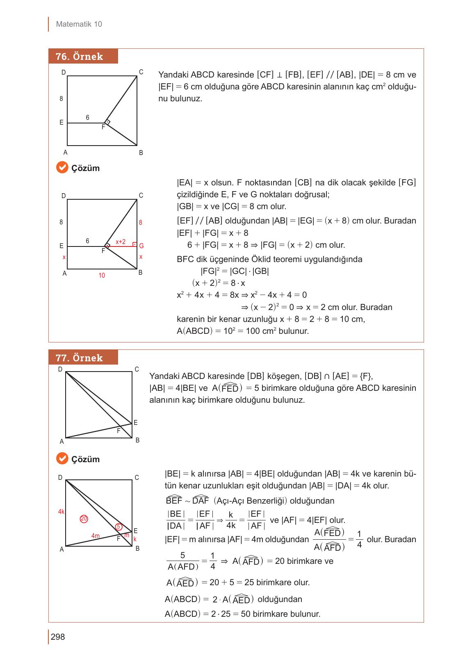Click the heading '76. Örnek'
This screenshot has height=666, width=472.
(x=80, y=57)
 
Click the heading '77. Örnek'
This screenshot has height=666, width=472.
(x=80, y=358)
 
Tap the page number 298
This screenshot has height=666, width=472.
(x=58, y=637)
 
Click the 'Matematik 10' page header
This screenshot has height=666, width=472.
(x=79, y=24)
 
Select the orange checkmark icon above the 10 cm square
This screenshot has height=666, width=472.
(x=62, y=168)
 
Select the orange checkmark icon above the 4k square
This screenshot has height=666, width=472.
(x=62, y=458)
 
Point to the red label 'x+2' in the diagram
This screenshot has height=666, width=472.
(x=121, y=242)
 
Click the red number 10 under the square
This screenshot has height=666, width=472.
(x=102, y=276)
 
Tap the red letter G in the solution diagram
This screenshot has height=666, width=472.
(x=141, y=246)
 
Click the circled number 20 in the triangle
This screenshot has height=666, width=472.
(x=84, y=519)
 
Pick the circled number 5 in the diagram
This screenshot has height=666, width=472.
(x=118, y=527)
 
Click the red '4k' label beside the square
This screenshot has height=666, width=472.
(x=61, y=511)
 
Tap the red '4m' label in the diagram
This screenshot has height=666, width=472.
(x=96, y=536)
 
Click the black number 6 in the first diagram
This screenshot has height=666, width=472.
(x=87, y=118)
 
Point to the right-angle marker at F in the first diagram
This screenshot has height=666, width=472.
(x=107, y=122)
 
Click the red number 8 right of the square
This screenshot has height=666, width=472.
(x=141, y=222)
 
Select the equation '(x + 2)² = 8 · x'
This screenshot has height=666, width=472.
(x=219, y=283)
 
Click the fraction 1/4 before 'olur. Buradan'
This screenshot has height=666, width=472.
(x=359, y=539)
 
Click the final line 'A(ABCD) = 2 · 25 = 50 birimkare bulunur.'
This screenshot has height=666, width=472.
(x=242, y=614)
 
